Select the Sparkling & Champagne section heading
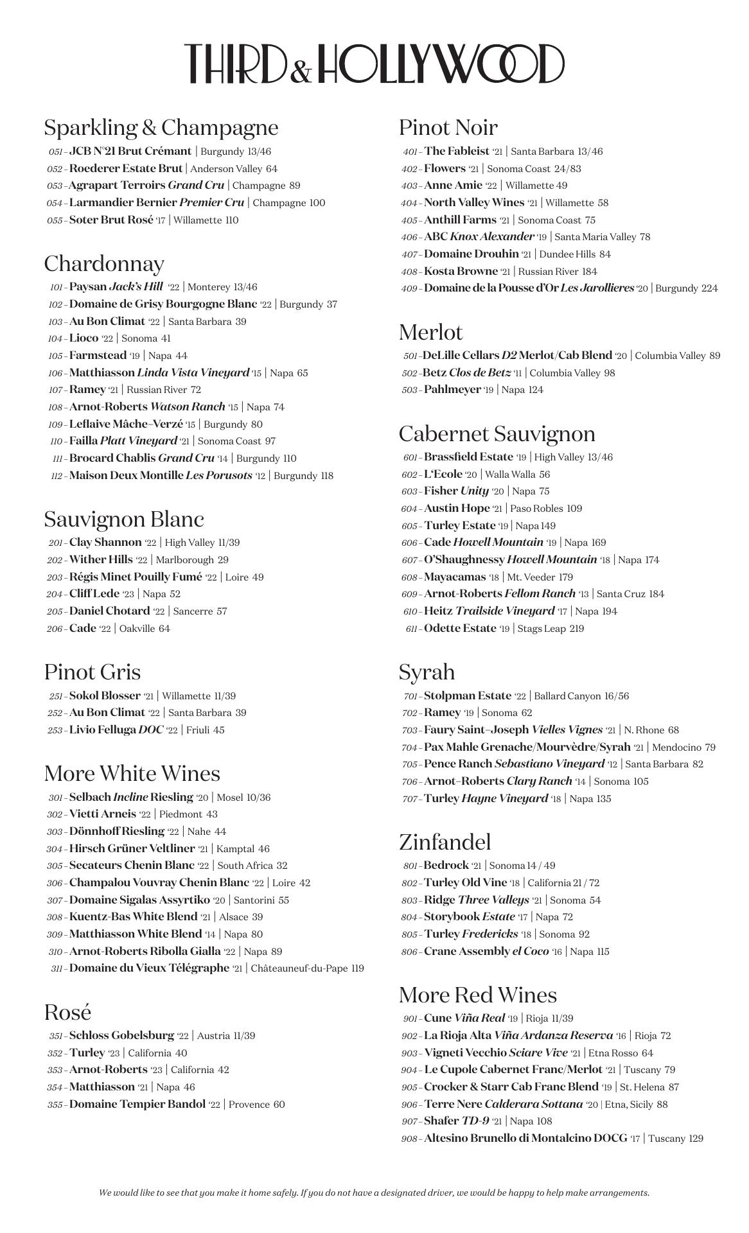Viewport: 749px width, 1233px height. tap(161, 127)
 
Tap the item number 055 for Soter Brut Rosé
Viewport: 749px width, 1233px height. tap(55, 220)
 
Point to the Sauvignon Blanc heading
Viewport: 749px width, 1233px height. tap(124, 519)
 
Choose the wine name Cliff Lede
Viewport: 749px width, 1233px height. tap(94, 594)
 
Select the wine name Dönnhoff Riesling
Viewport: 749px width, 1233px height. tap(116, 831)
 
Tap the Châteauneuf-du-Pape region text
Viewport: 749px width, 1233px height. tap(299, 968)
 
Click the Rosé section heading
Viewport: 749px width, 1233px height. tap(67, 1012)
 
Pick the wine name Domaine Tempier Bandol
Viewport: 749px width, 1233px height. tap(137, 1105)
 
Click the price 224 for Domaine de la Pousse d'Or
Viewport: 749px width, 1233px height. tap(709, 288)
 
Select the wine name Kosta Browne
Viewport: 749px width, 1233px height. tap(461, 271)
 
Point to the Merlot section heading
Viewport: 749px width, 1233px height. tap(430, 332)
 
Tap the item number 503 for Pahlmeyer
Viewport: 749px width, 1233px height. tap(410, 390)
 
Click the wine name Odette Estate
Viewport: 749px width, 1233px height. tap(460, 628)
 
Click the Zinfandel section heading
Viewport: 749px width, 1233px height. tap(445, 842)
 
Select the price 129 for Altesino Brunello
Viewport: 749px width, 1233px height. tap(696, 1139)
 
